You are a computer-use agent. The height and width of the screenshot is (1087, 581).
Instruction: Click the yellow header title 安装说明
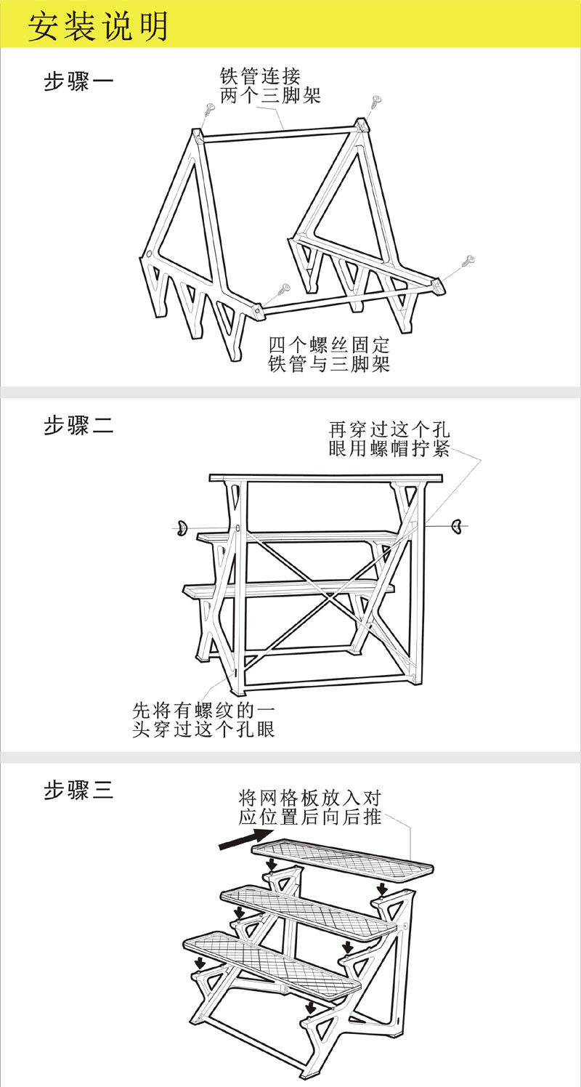click(98, 26)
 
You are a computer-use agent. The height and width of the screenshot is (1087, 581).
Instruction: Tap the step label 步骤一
click(78, 81)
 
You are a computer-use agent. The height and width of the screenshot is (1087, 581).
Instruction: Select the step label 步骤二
click(78, 426)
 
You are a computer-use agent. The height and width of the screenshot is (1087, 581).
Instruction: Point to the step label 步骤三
click(78, 790)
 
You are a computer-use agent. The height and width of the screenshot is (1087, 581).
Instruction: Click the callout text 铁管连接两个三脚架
click(270, 85)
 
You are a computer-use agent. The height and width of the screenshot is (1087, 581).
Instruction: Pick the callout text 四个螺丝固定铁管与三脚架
click(329, 354)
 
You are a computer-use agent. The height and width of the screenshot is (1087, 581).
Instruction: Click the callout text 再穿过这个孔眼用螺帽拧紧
click(389, 439)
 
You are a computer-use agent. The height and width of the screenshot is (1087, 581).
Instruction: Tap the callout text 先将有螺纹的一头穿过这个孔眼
click(203, 719)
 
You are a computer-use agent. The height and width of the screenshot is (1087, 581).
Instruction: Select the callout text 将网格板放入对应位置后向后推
click(310, 807)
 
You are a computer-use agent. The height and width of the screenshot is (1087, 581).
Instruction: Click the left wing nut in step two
click(181, 527)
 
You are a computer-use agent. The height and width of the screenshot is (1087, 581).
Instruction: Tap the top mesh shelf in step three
click(341, 859)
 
